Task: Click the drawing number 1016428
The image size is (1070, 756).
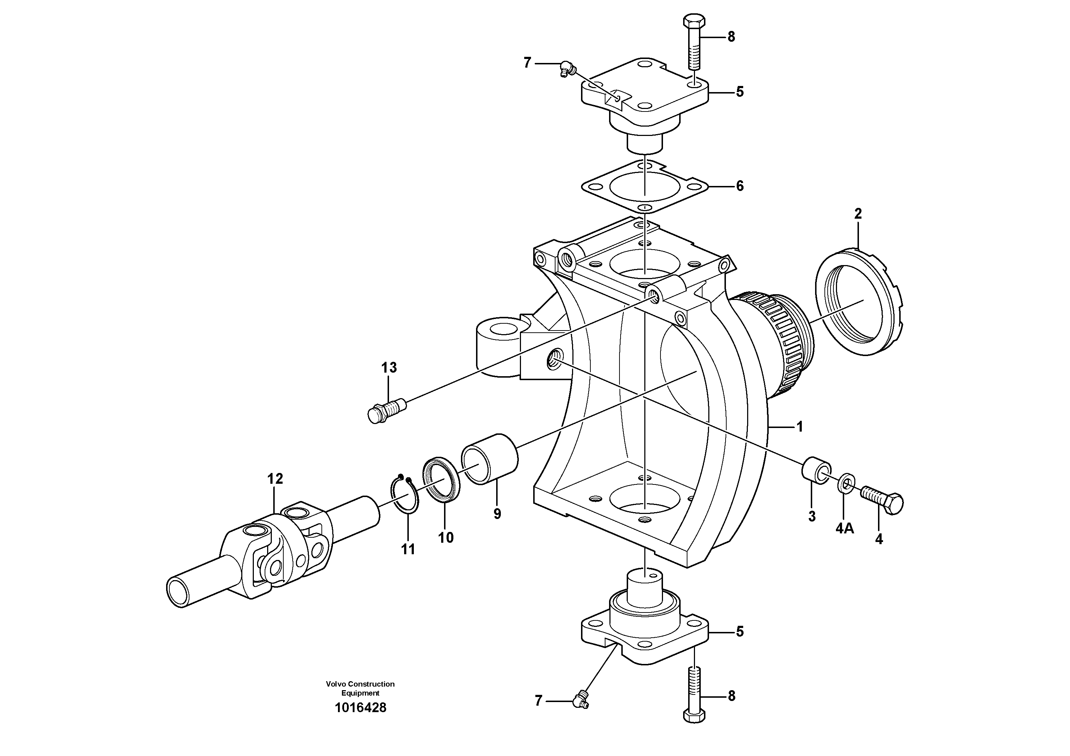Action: pyautogui.click(x=360, y=707)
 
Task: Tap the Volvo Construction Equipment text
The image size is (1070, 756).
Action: pyautogui.click(x=360, y=688)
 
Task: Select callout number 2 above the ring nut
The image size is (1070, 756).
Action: pyautogui.click(x=858, y=214)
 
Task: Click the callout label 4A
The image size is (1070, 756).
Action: pyautogui.click(x=845, y=529)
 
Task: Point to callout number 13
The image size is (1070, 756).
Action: pyautogui.click(x=389, y=368)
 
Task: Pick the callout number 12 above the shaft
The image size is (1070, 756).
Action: pyautogui.click(x=275, y=479)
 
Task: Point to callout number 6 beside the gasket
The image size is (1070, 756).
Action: pyautogui.click(x=740, y=186)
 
